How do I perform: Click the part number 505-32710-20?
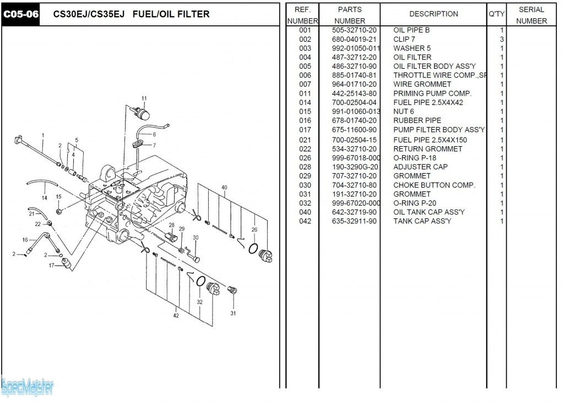pos(354,30)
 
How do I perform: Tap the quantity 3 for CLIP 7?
pos(502,40)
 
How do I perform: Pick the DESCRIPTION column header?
pos(433,14)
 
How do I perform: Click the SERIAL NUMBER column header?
pos(532,15)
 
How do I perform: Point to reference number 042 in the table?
pos(305,221)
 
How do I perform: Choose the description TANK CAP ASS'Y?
pos(422,221)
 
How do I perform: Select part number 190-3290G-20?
pos(355,167)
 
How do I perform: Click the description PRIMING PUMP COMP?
pos(432,93)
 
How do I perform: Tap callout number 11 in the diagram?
pos(144,99)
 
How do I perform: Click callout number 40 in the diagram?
pos(224,188)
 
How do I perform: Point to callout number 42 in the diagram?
pos(176,316)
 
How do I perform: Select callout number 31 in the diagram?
pos(233,313)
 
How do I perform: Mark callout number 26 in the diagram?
pos(254,229)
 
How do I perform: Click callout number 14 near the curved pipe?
pos(44,197)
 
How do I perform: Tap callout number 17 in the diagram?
pos(52,266)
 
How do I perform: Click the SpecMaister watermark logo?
pos(28,388)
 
